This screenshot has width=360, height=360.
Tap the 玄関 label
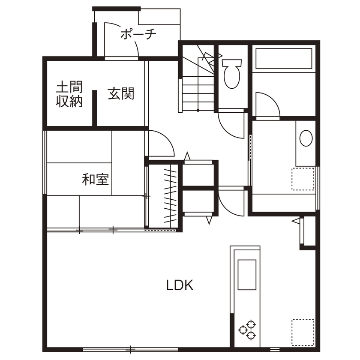point(121,93)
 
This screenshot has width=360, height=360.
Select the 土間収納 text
point(69,94)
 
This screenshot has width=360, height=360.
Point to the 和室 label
point(95,180)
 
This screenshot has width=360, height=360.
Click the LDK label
point(180,285)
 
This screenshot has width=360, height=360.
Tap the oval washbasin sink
point(306,138)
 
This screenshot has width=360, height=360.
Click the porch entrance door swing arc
point(122,39)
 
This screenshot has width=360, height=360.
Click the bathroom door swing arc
point(267,105)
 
